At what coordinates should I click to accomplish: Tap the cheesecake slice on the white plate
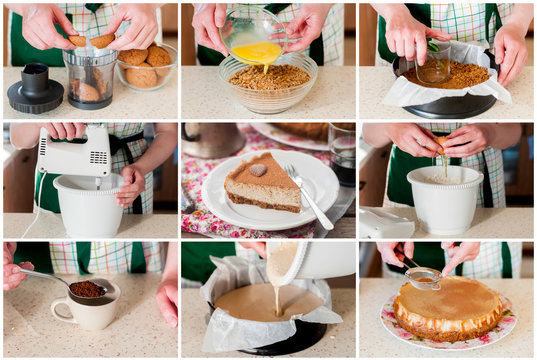[x=263, y=184]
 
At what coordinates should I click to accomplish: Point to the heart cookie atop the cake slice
[x=259, y=170]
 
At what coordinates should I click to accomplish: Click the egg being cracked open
[x=440, y=148]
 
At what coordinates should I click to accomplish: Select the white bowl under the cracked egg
[x=445, y=201]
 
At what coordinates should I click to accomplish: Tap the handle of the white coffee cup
[x=57, y=309]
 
